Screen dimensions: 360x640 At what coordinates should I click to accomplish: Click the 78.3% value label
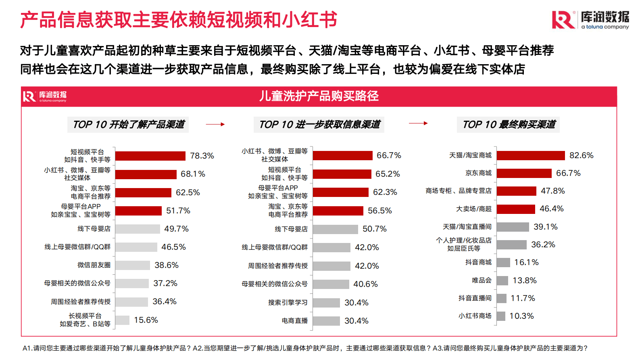coord(202,156)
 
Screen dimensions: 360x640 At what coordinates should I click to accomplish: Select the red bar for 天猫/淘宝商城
coord(531,155)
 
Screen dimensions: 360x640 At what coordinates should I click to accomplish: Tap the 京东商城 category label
coord(478,173)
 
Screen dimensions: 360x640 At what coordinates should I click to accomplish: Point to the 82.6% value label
coord(581,155)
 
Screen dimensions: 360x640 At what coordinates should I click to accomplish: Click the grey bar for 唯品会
coord(502,280)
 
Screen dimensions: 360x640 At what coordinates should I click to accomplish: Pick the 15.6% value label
coord(146,320)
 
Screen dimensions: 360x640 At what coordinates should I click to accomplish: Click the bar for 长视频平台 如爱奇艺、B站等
coord(122,320)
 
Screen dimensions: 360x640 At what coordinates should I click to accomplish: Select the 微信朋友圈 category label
coord(94,265)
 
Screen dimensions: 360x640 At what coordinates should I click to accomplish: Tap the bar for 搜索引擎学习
coord(326,303)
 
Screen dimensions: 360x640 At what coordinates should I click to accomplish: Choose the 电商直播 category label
coord(295,321)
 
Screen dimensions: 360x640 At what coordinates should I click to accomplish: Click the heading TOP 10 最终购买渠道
coord(509,124)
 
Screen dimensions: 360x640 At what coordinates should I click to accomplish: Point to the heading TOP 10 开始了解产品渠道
coord(128,124)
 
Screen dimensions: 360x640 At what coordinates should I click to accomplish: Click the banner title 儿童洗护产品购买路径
coord(319,96)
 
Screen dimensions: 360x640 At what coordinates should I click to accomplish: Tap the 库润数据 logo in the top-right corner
coord(590,20)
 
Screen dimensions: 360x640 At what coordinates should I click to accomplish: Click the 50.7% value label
coord(374,229)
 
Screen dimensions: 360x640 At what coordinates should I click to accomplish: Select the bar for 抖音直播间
coord(501,298)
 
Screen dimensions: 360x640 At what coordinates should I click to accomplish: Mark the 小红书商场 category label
coord(475,316)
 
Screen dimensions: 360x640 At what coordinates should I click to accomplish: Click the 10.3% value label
coord(521,316)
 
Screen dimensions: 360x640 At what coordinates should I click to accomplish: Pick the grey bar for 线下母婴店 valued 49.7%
coord(138,229)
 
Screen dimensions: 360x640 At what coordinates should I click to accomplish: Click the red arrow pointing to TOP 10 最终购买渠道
coord(418,123)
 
